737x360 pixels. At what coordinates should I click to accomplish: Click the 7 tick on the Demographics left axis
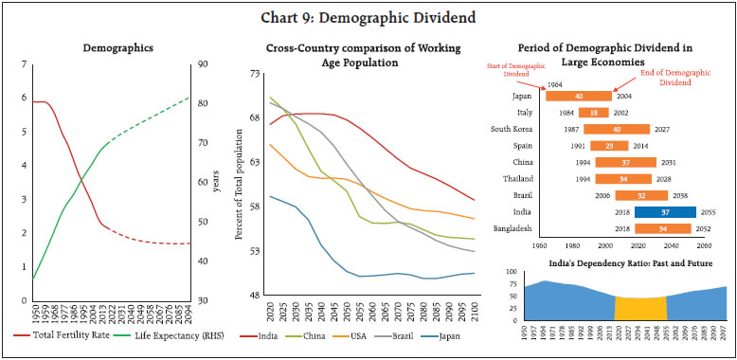pos(22,64)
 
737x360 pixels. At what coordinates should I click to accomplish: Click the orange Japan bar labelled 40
pos(579,95)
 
